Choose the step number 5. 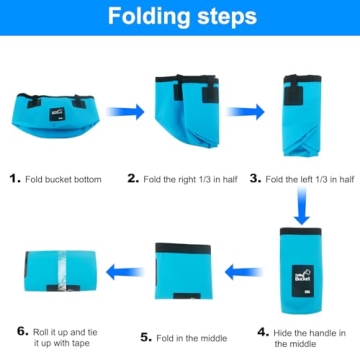(x=146, y=337)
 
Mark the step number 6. (x=21, y=329)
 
